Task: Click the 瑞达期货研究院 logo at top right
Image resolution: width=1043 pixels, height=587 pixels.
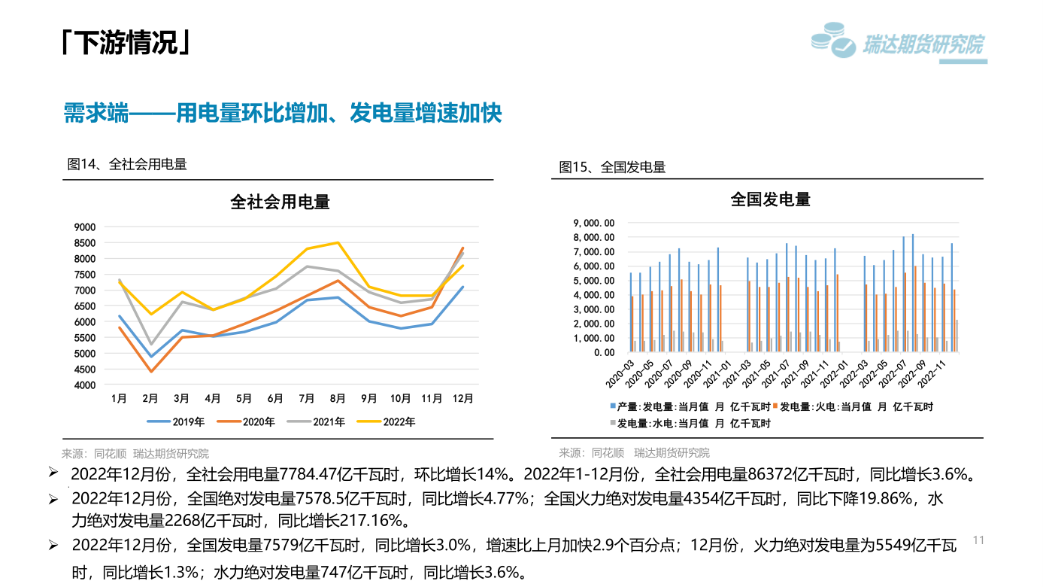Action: tap(898, 43)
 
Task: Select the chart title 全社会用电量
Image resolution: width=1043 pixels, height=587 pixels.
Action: tap(280, 202)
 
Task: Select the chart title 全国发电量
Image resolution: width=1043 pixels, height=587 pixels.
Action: tap(770, 199)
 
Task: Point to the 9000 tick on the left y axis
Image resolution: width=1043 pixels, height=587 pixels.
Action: tap(85, 227)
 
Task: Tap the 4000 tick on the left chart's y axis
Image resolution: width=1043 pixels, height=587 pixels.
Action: tap(85, 385)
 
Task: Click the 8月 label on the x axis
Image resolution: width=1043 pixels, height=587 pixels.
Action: tap(338, 399)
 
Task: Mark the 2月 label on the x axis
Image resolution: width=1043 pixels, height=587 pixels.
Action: tap(150, 399)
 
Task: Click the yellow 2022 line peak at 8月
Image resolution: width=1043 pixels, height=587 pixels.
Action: tap(338, 242)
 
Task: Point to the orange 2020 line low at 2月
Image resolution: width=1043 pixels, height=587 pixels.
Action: tap(150, 371)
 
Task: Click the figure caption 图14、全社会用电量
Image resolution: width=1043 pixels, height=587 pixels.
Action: tap(127, 164)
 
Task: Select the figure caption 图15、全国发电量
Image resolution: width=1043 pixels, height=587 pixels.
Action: tap(612, 167)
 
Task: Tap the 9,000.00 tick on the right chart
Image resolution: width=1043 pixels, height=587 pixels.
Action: tap(594, 223)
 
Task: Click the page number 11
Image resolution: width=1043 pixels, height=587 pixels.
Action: tap(978, 540)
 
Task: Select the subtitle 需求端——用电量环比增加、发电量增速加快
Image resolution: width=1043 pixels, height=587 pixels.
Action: tap(283, 114)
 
